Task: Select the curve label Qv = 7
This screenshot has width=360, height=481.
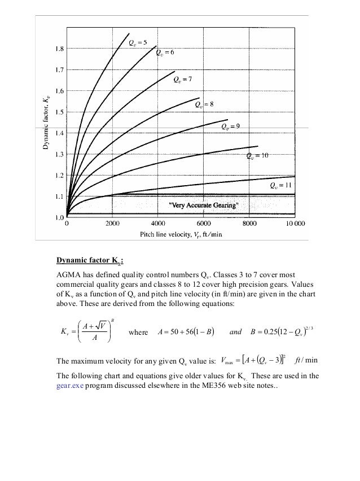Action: (183, 79)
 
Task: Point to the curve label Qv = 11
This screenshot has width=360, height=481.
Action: (280, 185)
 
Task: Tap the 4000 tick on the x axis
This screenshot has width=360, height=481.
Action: (157, 224)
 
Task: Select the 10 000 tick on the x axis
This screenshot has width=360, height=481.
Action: (293, 224)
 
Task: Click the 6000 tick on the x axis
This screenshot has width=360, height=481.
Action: (203, 224)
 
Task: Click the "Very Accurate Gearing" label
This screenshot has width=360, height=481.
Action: (201, 204)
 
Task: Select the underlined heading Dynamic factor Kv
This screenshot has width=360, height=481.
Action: (90, 260)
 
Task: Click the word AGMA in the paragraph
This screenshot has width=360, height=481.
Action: (66, 273)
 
